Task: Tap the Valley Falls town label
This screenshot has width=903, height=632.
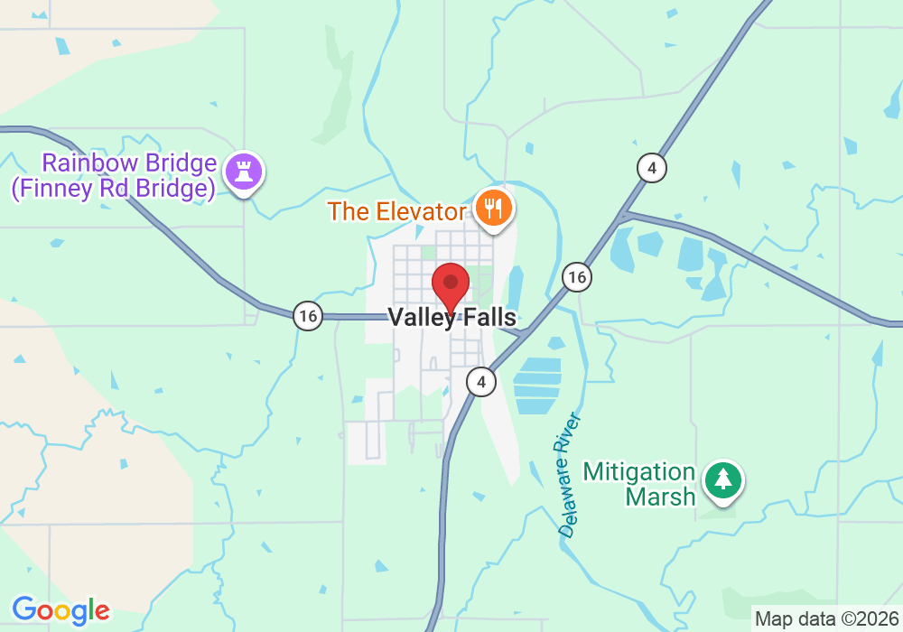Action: click(x=451, y=318)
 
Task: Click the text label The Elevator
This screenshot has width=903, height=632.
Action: click(x=396, y=211)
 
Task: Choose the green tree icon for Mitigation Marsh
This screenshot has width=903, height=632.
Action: click(x=723, y=479)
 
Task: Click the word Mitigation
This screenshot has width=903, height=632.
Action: click(x=639, y=472)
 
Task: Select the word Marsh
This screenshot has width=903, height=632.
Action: click(x=661, y=496)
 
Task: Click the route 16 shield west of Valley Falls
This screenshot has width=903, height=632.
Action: click(x=308, y=316)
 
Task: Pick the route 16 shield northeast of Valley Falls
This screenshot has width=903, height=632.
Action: click(x=576, y=277)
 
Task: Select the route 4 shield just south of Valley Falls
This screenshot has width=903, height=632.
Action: click(x=481, y=382)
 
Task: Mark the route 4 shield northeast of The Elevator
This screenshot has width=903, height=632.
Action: click(x=651, y=167)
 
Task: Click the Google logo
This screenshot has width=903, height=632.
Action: click(x=61, y=610)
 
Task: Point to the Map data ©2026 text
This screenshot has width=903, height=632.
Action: click(x=826, y=619)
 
